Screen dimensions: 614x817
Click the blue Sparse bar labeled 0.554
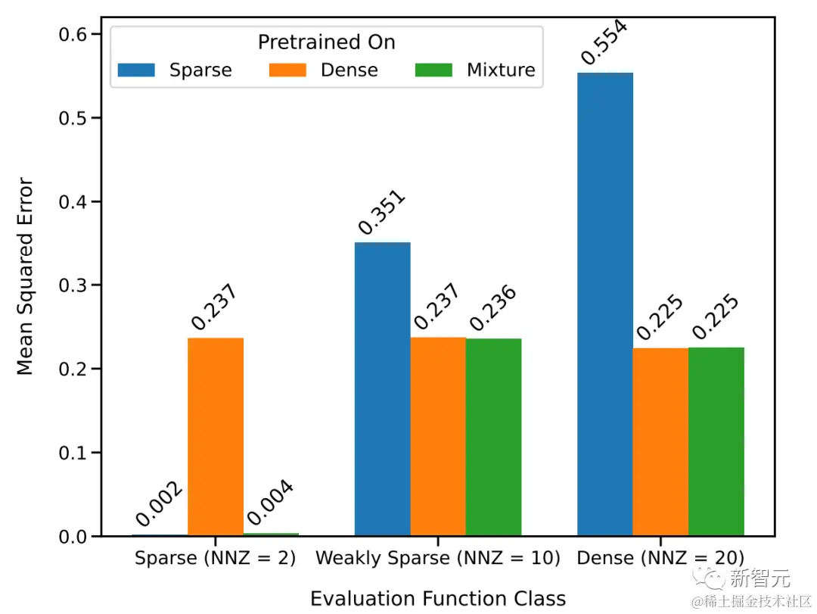click(x=604, y=303)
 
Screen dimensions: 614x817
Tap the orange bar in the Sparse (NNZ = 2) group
click(x=216, y=436)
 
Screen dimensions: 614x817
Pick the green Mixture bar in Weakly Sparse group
click(x=493, y=437)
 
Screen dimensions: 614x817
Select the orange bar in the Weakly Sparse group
click(x=438, y=436)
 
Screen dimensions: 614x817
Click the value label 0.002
click(x=159, y=503)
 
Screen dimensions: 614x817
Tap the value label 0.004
click(x=270, y=503)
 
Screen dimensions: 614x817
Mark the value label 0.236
click(x=492, y=308)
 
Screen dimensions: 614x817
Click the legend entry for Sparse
click(x=175, y=70)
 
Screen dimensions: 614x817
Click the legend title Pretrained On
click(x=326, y=42)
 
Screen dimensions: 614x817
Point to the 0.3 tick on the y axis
click(x=73, y=285)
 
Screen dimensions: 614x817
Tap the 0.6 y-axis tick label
click(x=73, y=34)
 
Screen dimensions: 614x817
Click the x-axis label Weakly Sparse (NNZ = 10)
click(x=437, y=559)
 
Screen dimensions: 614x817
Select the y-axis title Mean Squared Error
click(x=26, y=276)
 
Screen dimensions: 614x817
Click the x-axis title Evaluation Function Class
click(x=437, y=598)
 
